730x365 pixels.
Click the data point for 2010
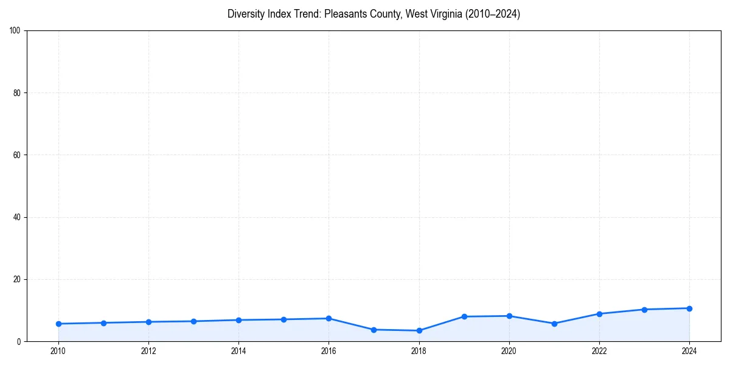58,324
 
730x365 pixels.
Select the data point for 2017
374,330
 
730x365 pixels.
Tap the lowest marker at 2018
419,330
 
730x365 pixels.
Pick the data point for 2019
464,316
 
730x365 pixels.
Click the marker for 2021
554,324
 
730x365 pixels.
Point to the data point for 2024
689,308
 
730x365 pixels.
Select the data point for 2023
644,310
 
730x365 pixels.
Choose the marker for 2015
283,319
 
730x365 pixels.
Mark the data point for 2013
193,321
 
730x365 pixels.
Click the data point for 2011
103,323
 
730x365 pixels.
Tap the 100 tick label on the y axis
15,31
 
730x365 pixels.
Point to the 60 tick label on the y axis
17,155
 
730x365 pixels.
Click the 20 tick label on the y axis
17,279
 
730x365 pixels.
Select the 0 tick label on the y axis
19,342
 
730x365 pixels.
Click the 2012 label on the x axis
148,351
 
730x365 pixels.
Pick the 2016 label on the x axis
328,351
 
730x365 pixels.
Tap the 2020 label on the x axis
509,351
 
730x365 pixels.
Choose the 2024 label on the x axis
689,351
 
